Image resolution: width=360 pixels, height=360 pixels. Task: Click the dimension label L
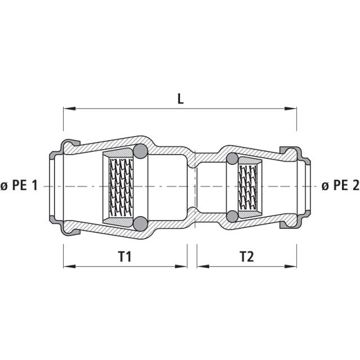180,99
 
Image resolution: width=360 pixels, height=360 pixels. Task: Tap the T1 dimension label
125,257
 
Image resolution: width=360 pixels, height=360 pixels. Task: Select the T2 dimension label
246,257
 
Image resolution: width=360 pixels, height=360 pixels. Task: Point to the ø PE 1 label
19,185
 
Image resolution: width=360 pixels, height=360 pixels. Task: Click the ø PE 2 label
340,185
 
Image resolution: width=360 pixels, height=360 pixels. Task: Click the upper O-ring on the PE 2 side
232,159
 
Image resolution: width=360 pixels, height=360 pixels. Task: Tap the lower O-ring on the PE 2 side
232,215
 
